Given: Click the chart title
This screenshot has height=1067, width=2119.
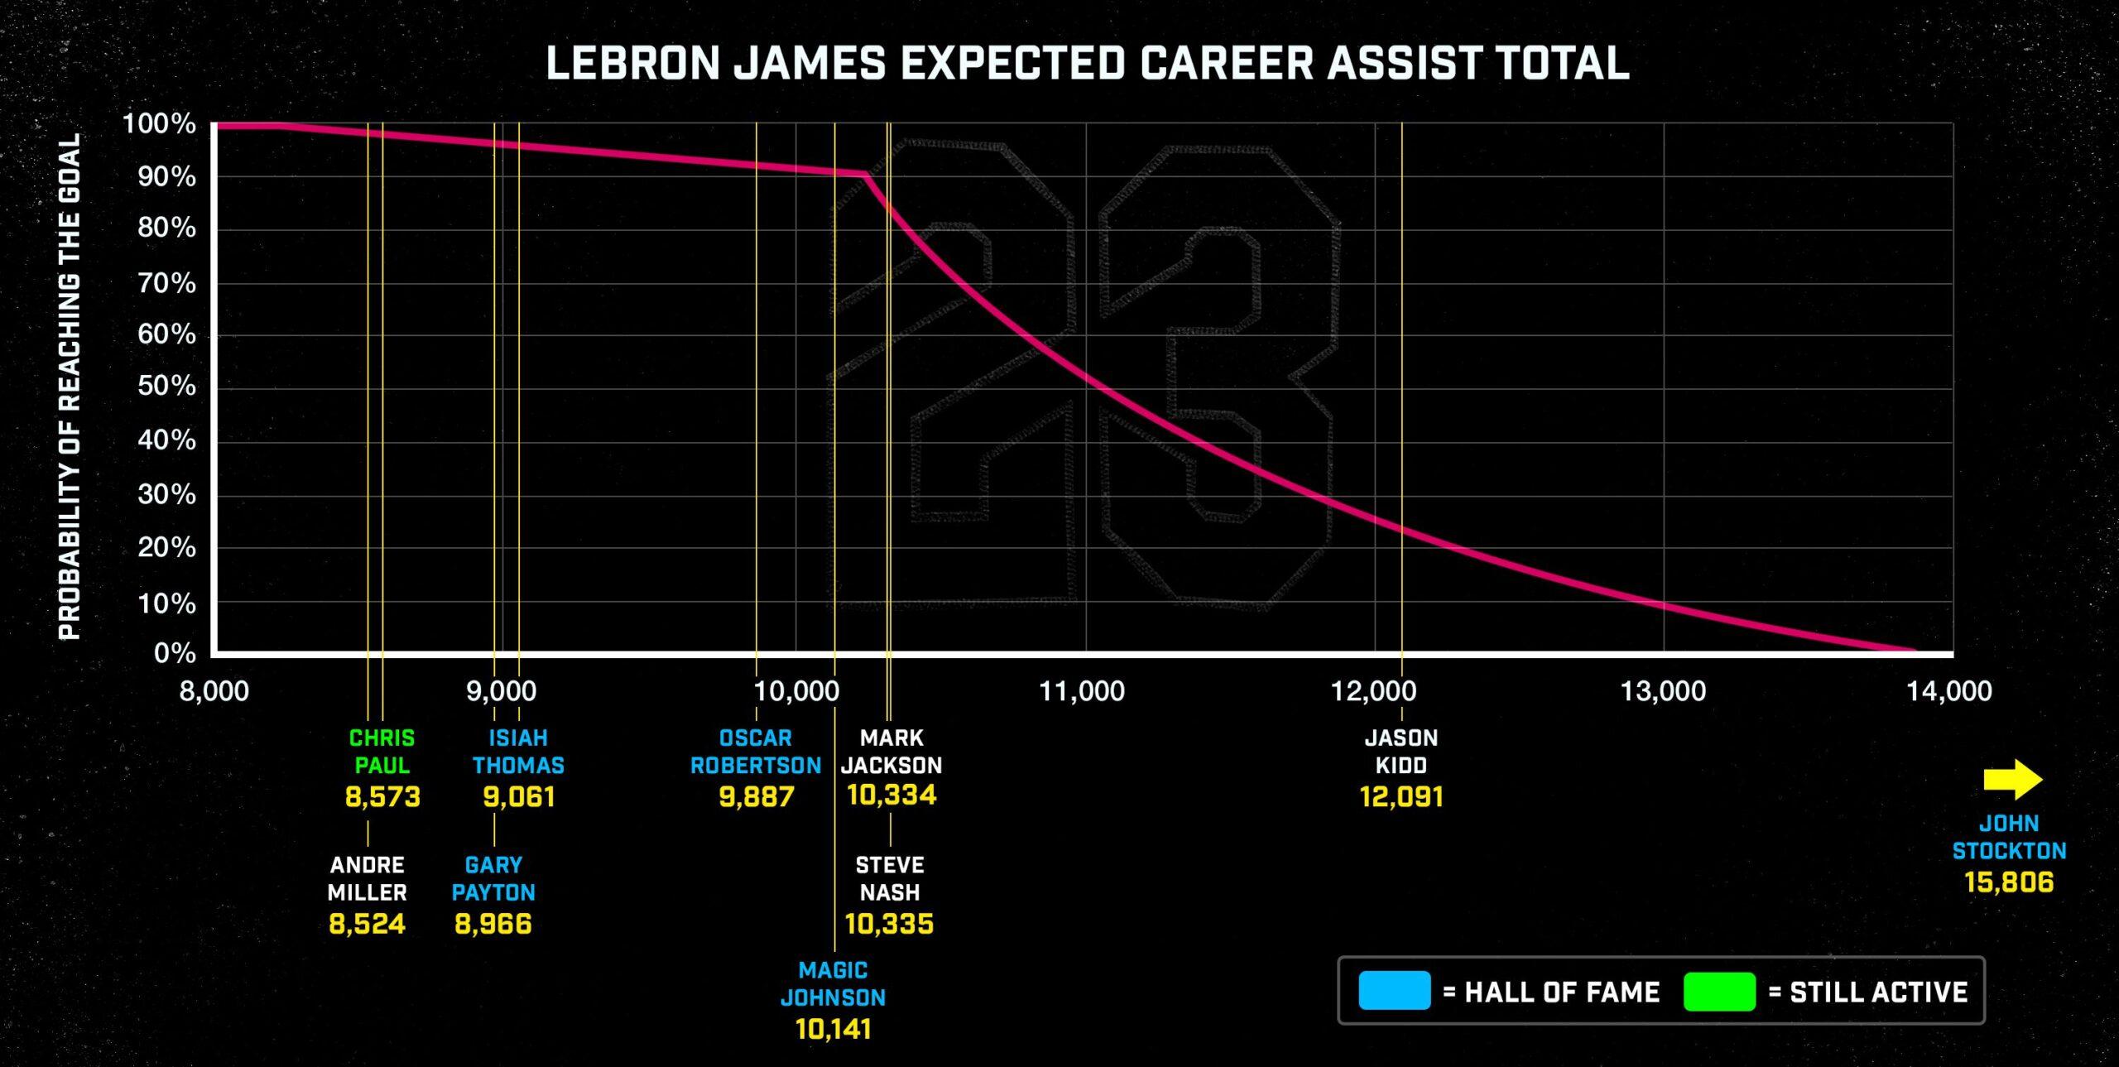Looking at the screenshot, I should [x=1088, y=63].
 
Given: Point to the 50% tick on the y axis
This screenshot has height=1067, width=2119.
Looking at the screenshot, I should [x=167, y=387].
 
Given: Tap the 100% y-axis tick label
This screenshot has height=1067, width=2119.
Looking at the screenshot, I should [x=160, y=125].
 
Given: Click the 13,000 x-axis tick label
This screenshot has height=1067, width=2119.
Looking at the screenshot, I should [x=1663, y=691].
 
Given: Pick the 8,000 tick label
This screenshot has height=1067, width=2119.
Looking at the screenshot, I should [x=214, y=691].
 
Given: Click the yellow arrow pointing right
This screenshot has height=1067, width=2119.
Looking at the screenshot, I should [x=2012, y=779].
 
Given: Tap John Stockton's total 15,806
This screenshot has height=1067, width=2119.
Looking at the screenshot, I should [x=2009, y=882].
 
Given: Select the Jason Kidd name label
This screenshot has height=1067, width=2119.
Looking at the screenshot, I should [x=1401, y=752].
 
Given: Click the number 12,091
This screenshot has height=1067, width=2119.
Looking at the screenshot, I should [x=1401, y=797].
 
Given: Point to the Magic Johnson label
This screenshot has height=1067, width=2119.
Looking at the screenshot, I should [x=834, y=983].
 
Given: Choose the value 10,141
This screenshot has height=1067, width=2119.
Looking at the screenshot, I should [x=834, y=1030].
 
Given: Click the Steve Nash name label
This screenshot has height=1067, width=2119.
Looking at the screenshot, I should [x=889, y=878].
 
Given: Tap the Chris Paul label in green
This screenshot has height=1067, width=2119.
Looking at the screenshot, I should [x=382, y=752].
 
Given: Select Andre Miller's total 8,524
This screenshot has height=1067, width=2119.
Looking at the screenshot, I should [x=368, y=924].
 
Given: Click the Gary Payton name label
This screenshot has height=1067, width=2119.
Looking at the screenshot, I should [x=493, y=878].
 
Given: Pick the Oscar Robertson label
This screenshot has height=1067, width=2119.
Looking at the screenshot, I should [x=756, y=752].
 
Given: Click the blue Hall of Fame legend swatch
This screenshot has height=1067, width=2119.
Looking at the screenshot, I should [x=1394, y=991].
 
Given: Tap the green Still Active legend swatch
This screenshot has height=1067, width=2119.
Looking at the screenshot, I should [x=1719, y=991].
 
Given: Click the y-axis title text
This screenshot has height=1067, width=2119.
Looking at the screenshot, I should [x=70, y=387].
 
